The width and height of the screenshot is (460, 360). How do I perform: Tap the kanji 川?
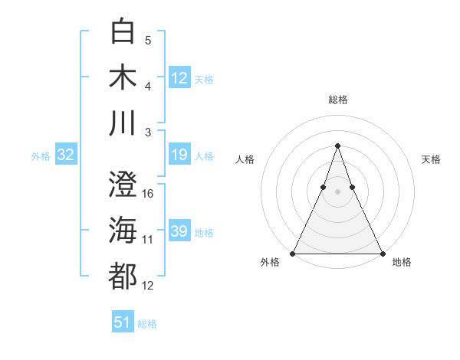pyautogui.click(x=123, y=123)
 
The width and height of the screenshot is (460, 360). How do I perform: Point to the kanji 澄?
pyautogui.click(x=123, y=184)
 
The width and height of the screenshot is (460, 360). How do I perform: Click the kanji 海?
pyautogui.click(x=123, y=230)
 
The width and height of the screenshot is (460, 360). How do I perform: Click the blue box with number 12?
pyautogui.click(x=179, y=77)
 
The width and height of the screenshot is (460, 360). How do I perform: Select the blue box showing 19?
pyautogui.click(x=179, y=155)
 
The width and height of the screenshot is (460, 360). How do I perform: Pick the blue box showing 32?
pyautogui.click(x=66, y=155)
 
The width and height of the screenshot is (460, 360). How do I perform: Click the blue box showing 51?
pyautogui.click(x=123, y=322)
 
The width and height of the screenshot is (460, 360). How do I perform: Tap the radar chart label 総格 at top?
pyautogui.click(x=337, y=100)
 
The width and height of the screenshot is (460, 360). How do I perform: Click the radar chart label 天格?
pyautogui.click(x=431, y=159)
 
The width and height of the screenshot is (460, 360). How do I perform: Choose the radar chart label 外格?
pyautogui.click(x=270, y=262)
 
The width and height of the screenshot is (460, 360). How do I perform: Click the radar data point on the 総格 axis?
pyautogui.click(x=337, y=146)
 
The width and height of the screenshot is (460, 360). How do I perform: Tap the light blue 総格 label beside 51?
pyautogui.click(x=147, y=323)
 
